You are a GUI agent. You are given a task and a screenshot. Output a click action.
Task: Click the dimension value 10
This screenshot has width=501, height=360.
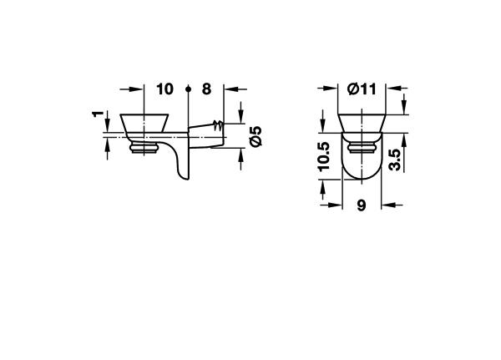coord(164,89)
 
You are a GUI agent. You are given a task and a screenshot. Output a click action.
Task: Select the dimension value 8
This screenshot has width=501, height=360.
coord(207,89)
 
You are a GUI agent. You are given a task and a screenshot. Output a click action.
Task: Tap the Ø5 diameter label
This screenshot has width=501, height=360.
coord(256,136)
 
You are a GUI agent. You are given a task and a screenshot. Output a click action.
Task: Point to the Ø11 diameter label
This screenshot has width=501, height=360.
coord(362,89)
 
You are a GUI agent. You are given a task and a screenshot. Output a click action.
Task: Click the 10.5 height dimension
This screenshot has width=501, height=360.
coord(324,156)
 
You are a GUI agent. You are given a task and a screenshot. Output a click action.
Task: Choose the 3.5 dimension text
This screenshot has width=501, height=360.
coord(395,160)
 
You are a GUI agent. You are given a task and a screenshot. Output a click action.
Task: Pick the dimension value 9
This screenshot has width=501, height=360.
coord(362,205)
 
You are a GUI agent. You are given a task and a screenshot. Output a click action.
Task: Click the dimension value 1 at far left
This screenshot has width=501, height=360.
coord(98,114)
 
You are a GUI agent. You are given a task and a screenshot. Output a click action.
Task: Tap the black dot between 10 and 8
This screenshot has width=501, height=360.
coord(188,89)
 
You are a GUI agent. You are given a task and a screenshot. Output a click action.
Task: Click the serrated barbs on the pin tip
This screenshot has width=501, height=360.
coord(218,125)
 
